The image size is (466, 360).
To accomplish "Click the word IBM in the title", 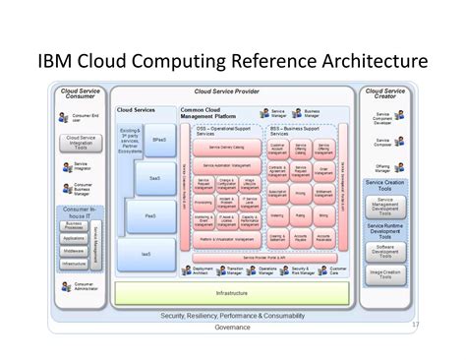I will pos(60,62).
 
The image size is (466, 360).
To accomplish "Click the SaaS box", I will pos(155,178).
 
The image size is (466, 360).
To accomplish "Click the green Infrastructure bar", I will pos(232,292).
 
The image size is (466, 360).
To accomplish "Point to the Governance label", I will pos(232,327).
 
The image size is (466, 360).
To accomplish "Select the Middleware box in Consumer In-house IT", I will pos(74,251).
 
